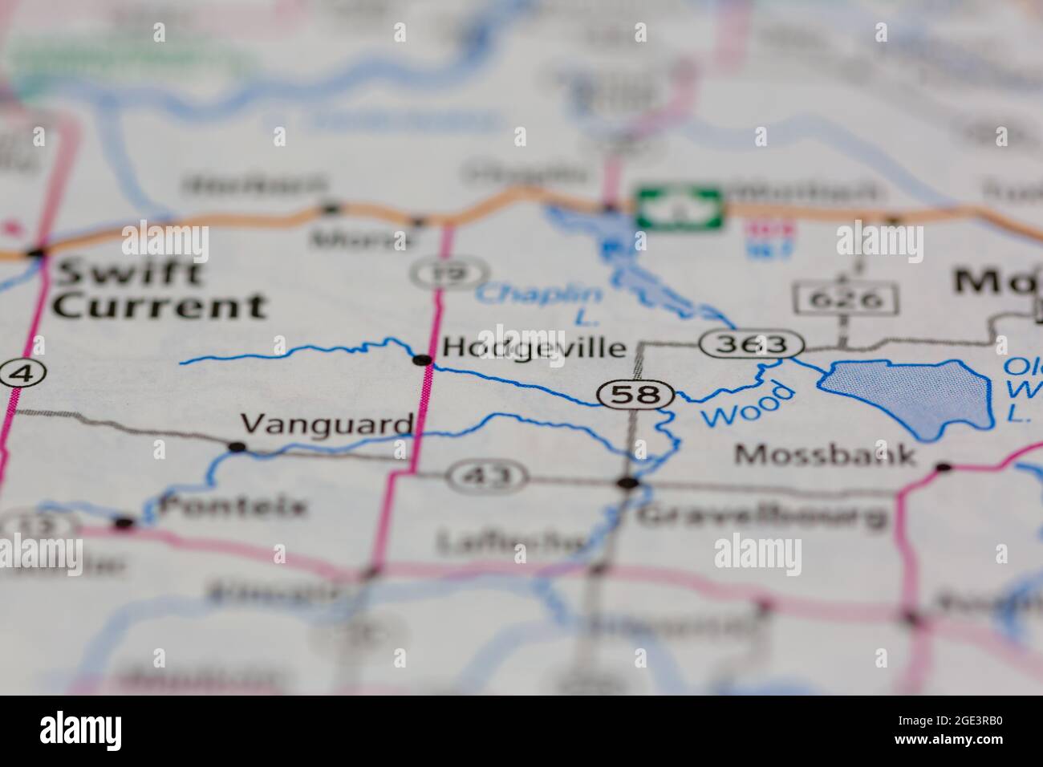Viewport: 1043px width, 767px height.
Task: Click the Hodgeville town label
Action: pos(534,347)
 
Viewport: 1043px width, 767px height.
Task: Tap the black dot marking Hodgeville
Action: pos(421,360)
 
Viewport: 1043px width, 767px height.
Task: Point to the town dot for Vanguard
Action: pos(237,446)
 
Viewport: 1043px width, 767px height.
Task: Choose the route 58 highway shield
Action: pos(635,395)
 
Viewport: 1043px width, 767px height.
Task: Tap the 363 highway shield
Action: pos(751,345)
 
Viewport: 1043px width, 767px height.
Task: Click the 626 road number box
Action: pos(846,299)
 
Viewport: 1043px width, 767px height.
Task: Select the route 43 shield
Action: pos(487,477)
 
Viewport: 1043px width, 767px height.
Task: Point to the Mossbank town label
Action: pos(826,455)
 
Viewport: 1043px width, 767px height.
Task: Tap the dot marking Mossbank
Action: pos(944,466)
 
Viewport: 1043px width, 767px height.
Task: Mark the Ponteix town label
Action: pos(233,506)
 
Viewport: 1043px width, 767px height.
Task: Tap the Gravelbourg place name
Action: pos(761,515)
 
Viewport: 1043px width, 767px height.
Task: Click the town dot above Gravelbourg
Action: pos(627,483)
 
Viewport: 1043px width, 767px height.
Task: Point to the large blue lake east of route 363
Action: pos(907,396)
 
